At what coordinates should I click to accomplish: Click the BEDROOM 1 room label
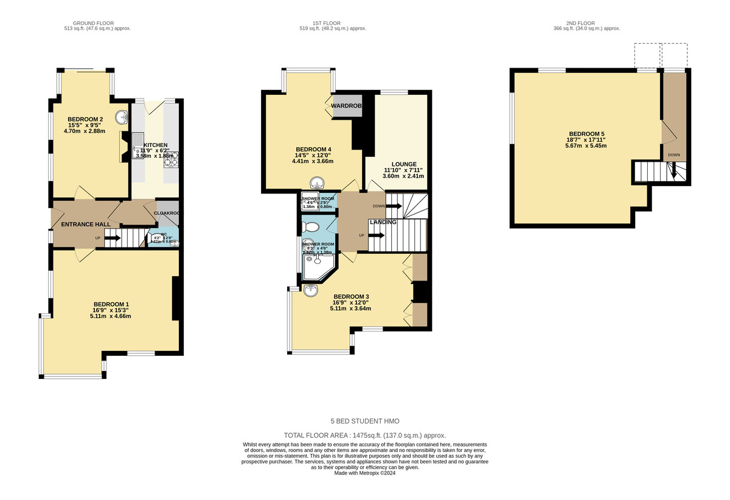click(111, 304)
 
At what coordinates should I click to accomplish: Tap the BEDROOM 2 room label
click(85, 119)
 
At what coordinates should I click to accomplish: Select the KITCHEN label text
click(155, 145)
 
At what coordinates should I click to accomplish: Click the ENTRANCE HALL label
click(86, 224)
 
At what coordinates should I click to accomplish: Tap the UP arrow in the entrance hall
click(111, 238)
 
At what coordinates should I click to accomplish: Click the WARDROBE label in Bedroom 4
click(346, 106)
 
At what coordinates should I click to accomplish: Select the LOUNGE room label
click(404, 164)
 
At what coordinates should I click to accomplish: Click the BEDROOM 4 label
click(313, 150)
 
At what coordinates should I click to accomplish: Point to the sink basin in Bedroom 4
click(317, 183)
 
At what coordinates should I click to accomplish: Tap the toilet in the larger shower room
click(311, 227)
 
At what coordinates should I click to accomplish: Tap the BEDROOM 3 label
click(350, 297)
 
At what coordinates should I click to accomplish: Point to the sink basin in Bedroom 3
click(311, 290)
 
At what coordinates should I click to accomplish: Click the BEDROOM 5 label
click(586, 134)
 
